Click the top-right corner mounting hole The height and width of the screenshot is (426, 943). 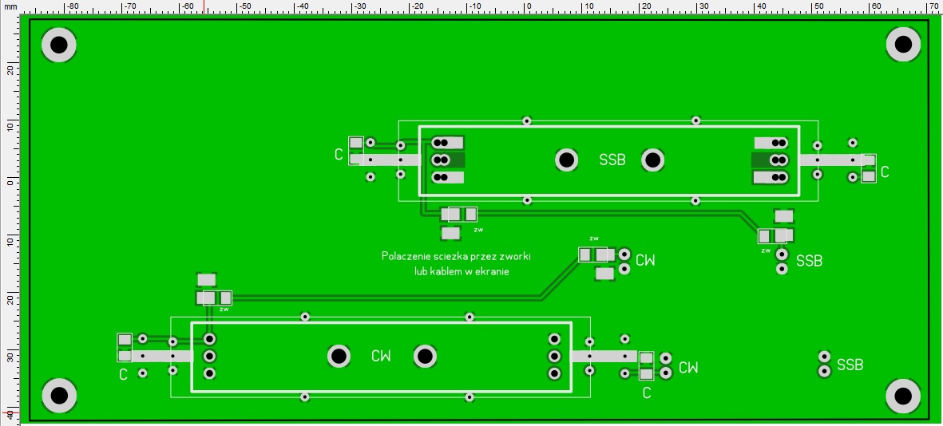(904, 45)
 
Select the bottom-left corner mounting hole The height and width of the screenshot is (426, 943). (59, 395)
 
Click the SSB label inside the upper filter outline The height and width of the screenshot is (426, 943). (612, 160)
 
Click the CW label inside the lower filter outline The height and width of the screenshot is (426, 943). (381, 356)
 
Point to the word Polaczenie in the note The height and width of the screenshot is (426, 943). (406, 257)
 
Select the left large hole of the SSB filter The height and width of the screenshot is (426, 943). (567, 160)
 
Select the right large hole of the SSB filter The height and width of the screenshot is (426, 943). (653, 160)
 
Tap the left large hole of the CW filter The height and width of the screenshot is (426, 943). (339, 356)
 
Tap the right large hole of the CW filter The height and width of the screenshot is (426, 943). (425, 356)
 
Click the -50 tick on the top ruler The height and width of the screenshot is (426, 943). (245, 6)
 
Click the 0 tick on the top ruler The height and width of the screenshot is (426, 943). (528, 6)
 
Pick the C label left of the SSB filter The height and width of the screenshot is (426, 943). (339, 154)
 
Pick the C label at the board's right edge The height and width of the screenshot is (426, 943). (885, 172)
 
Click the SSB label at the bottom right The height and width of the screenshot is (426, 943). (850, 365)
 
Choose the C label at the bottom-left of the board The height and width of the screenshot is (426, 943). (123, 374)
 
